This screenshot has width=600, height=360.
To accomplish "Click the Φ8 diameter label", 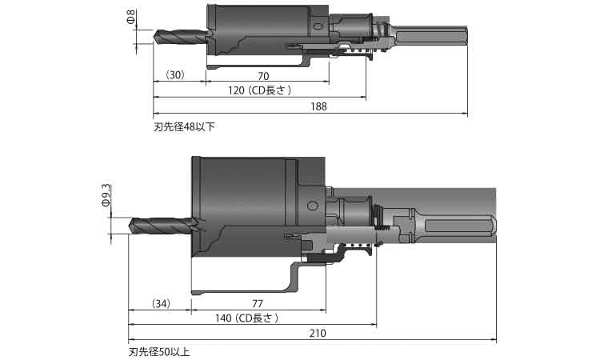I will click(130, 18).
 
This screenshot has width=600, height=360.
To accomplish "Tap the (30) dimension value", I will click(175, 74).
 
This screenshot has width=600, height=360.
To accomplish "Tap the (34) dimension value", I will click(161, 303).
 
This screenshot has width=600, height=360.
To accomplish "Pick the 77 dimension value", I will click(258, 303).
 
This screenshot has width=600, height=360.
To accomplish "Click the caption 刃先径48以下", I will click(184, 126).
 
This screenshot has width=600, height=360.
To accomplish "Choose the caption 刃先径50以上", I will click(160, 351).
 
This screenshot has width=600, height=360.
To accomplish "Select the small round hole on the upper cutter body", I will click(318, 28).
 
